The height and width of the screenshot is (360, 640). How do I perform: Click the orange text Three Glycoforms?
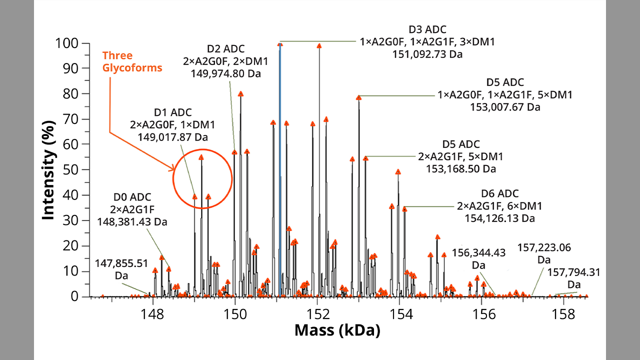pyautogui.click(x=132, y=61)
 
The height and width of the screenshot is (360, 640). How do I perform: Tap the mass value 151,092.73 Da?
pyautogui.click(x=427, y=54)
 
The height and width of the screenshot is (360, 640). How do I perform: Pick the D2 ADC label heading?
pyautogui.click(x=225, y=49)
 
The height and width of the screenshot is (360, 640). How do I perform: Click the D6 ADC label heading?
pyautogui.click(x=499, y=193)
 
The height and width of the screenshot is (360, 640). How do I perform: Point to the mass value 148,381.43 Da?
pyautogui.click(x=132, y=221)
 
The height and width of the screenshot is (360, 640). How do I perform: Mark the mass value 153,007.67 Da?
pyautogui.click(x=505, y=107)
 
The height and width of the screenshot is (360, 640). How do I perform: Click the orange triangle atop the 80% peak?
pyautogui.click(x=240, y=94)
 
